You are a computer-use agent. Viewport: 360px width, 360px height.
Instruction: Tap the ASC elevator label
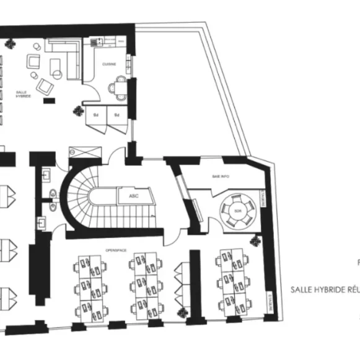(133, 196)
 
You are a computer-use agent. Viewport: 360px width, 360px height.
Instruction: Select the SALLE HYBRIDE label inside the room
(24, 94)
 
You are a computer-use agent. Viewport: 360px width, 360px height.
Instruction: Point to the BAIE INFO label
(221, 177)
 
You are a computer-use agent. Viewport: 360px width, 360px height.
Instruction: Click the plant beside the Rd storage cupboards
(79, 111)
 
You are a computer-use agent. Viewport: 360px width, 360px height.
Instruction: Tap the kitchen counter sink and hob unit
(103, 42)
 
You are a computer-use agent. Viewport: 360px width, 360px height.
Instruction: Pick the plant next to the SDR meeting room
(255, 240)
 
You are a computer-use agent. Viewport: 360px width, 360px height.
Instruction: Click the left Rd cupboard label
(97, 115)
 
